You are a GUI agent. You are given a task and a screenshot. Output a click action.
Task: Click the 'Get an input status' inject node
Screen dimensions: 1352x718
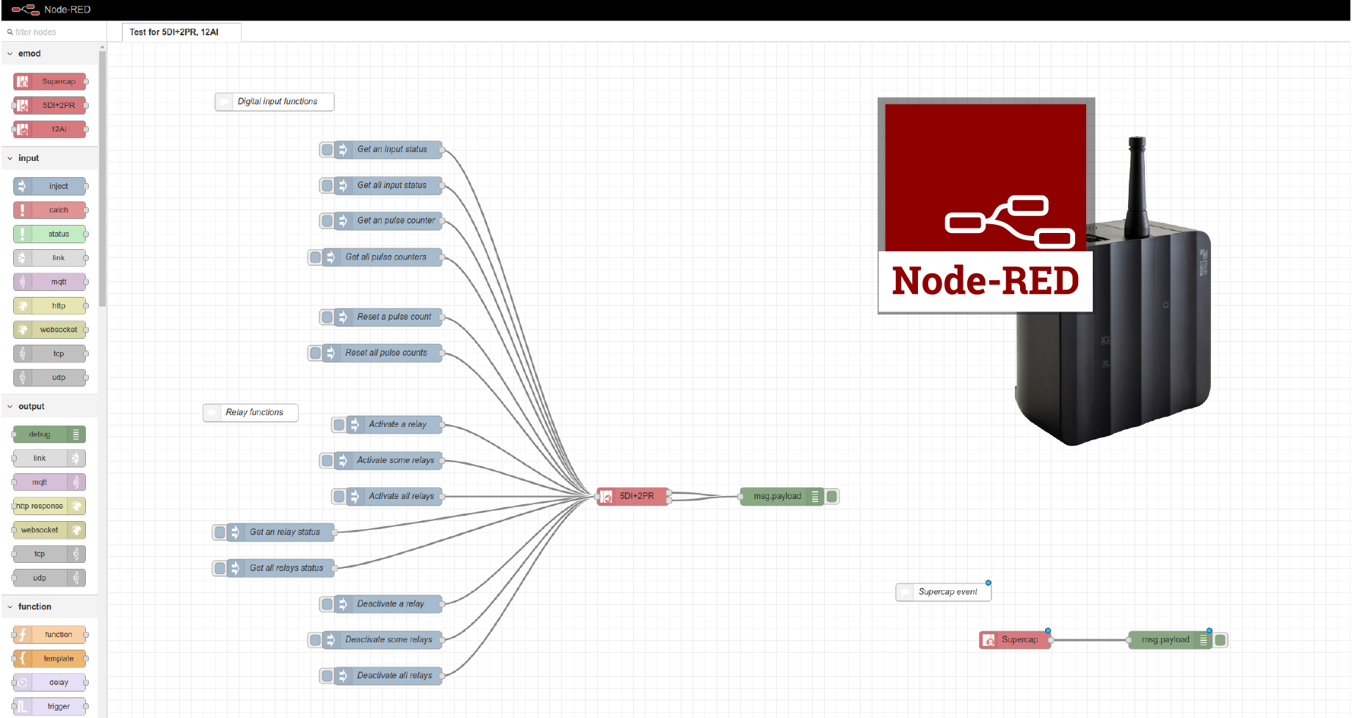point(388,150)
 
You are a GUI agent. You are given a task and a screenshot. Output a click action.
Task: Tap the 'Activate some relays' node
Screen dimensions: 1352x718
point(388,461)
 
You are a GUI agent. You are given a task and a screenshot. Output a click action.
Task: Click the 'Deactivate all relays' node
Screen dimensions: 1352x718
point(388,676)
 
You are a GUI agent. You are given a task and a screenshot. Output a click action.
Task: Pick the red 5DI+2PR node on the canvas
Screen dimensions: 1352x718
point(632,497)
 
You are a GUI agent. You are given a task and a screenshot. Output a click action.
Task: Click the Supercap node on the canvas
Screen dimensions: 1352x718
point(1016,640)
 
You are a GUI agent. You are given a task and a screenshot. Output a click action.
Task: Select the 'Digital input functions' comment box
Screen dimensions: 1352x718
point(275,102)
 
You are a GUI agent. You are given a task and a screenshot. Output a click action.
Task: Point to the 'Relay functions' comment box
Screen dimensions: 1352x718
point(250,413)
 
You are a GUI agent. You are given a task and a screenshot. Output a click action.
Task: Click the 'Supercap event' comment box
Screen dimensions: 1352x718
point(944,592)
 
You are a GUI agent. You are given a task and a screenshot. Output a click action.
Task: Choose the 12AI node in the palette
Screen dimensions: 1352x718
point(50,129)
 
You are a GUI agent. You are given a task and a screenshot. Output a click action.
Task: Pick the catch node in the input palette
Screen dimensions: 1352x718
point(50,210)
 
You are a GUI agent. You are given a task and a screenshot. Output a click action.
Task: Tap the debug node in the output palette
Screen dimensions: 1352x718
point(50,435)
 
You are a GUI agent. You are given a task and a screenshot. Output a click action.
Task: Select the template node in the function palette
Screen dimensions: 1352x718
point(50,659)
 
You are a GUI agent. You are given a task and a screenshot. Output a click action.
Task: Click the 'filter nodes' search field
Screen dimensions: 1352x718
point(53,32)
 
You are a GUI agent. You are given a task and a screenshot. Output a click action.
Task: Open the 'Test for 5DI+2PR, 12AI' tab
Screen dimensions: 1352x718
point(174,32)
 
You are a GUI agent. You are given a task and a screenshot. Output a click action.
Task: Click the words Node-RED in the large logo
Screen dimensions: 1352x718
point(986,281)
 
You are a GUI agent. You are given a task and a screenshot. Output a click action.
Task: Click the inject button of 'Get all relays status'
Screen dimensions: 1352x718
point(220,569)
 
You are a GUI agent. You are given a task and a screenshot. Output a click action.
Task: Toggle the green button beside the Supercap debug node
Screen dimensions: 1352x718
point(1221,640)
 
